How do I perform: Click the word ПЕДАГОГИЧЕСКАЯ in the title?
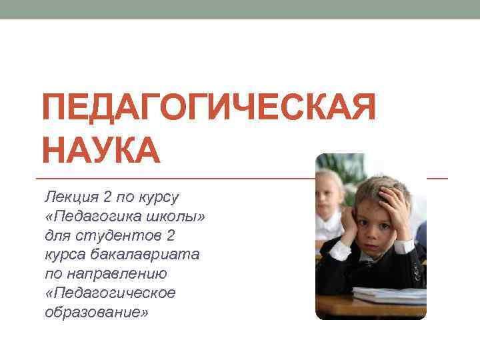[x=209, y=109]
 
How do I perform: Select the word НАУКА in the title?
[x=101, y=151]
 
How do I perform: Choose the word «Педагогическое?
[x=110, y=293]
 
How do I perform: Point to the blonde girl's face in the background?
[x=329, y=193]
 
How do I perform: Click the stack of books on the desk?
[x=390, y=294]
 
